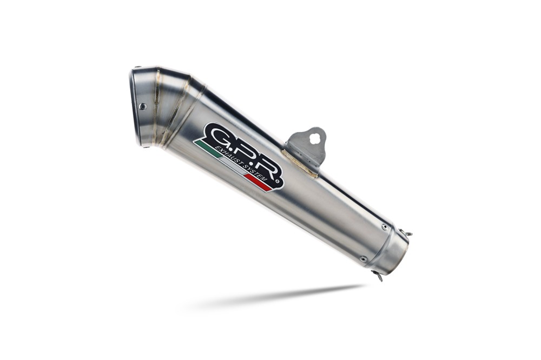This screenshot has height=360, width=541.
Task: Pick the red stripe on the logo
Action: coord(258,184)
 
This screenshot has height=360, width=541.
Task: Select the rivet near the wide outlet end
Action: coord(142,106)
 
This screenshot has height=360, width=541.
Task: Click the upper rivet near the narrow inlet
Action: coord(384,227)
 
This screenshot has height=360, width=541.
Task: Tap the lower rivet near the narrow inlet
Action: coord(363,259)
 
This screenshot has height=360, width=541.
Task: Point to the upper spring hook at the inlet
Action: coord(407,234)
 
